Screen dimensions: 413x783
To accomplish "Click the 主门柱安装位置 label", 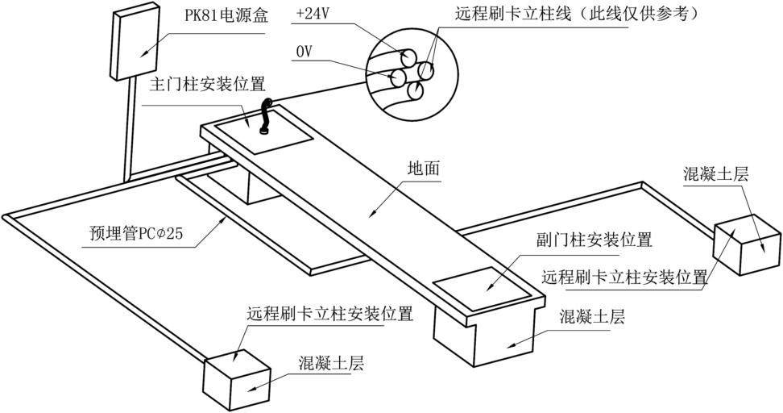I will [207, 85].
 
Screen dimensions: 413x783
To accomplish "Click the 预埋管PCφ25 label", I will [136, 235].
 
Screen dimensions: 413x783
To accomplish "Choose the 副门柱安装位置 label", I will [594, 240].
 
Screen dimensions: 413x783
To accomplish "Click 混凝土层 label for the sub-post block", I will [592, 317].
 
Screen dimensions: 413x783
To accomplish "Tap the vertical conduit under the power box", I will [126, 133].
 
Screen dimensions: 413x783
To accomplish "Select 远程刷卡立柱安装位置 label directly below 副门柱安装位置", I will [625, 277].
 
